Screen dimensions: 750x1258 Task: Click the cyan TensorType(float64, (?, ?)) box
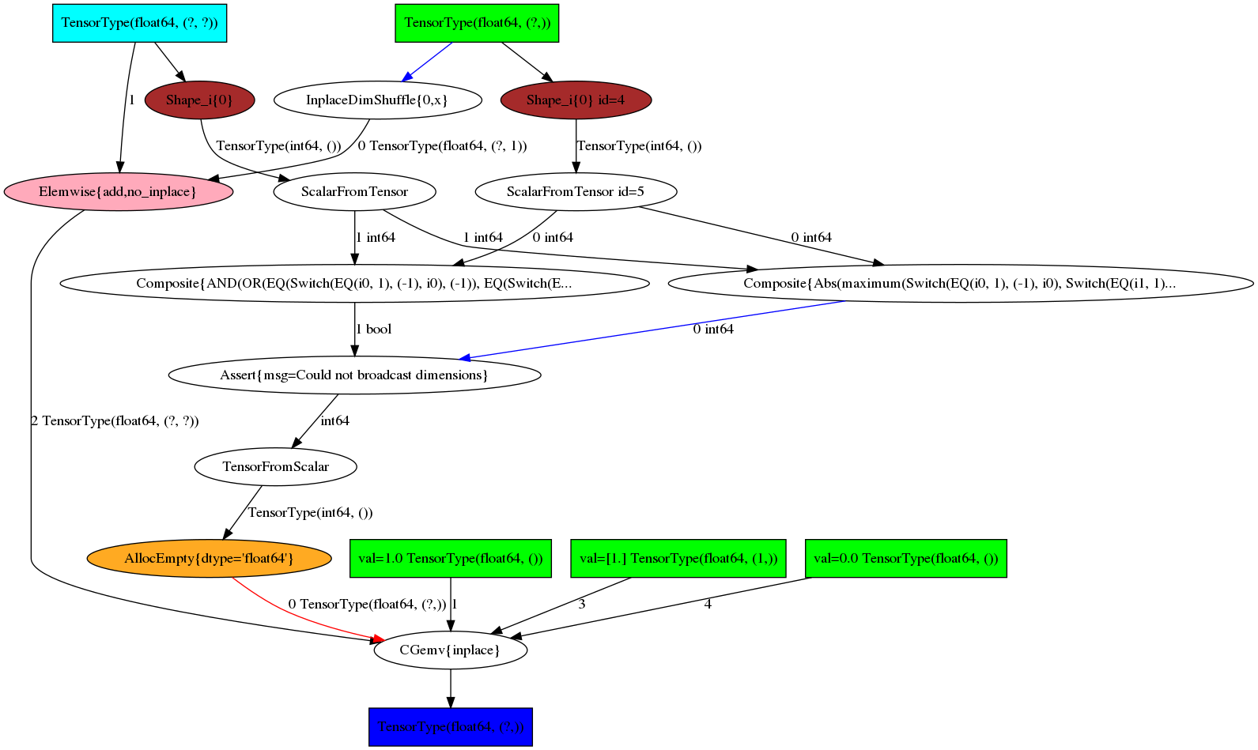(139, 22)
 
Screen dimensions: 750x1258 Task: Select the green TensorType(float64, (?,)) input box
(477, 22)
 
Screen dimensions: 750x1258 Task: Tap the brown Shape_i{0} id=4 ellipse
(576, 100)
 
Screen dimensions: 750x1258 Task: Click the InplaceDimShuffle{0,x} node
(377, 100)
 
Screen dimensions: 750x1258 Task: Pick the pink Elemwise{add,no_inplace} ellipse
(118, 192)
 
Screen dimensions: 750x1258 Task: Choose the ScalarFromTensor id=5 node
(576, 191)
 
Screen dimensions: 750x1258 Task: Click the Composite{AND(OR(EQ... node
(354, 283)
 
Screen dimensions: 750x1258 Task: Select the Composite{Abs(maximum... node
(960, 283)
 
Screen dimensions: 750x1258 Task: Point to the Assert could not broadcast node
(354, 375)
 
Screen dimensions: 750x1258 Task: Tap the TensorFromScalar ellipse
(275, 466)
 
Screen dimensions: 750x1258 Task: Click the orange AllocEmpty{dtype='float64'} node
(209, 558)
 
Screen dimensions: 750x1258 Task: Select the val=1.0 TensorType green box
(450, 558)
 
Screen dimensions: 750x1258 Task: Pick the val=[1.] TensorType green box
(678, 558)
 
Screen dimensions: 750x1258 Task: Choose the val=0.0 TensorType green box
(905, 558)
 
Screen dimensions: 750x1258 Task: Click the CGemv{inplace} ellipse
(450, 650)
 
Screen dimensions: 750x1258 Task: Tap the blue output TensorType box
(450, 727)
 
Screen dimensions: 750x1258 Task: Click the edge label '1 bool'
(374, 329)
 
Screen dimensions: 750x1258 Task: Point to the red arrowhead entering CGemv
(378, 639)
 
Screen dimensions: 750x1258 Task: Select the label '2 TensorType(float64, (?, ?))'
(115, 420)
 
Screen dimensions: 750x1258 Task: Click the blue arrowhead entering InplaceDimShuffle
(407, 77)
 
